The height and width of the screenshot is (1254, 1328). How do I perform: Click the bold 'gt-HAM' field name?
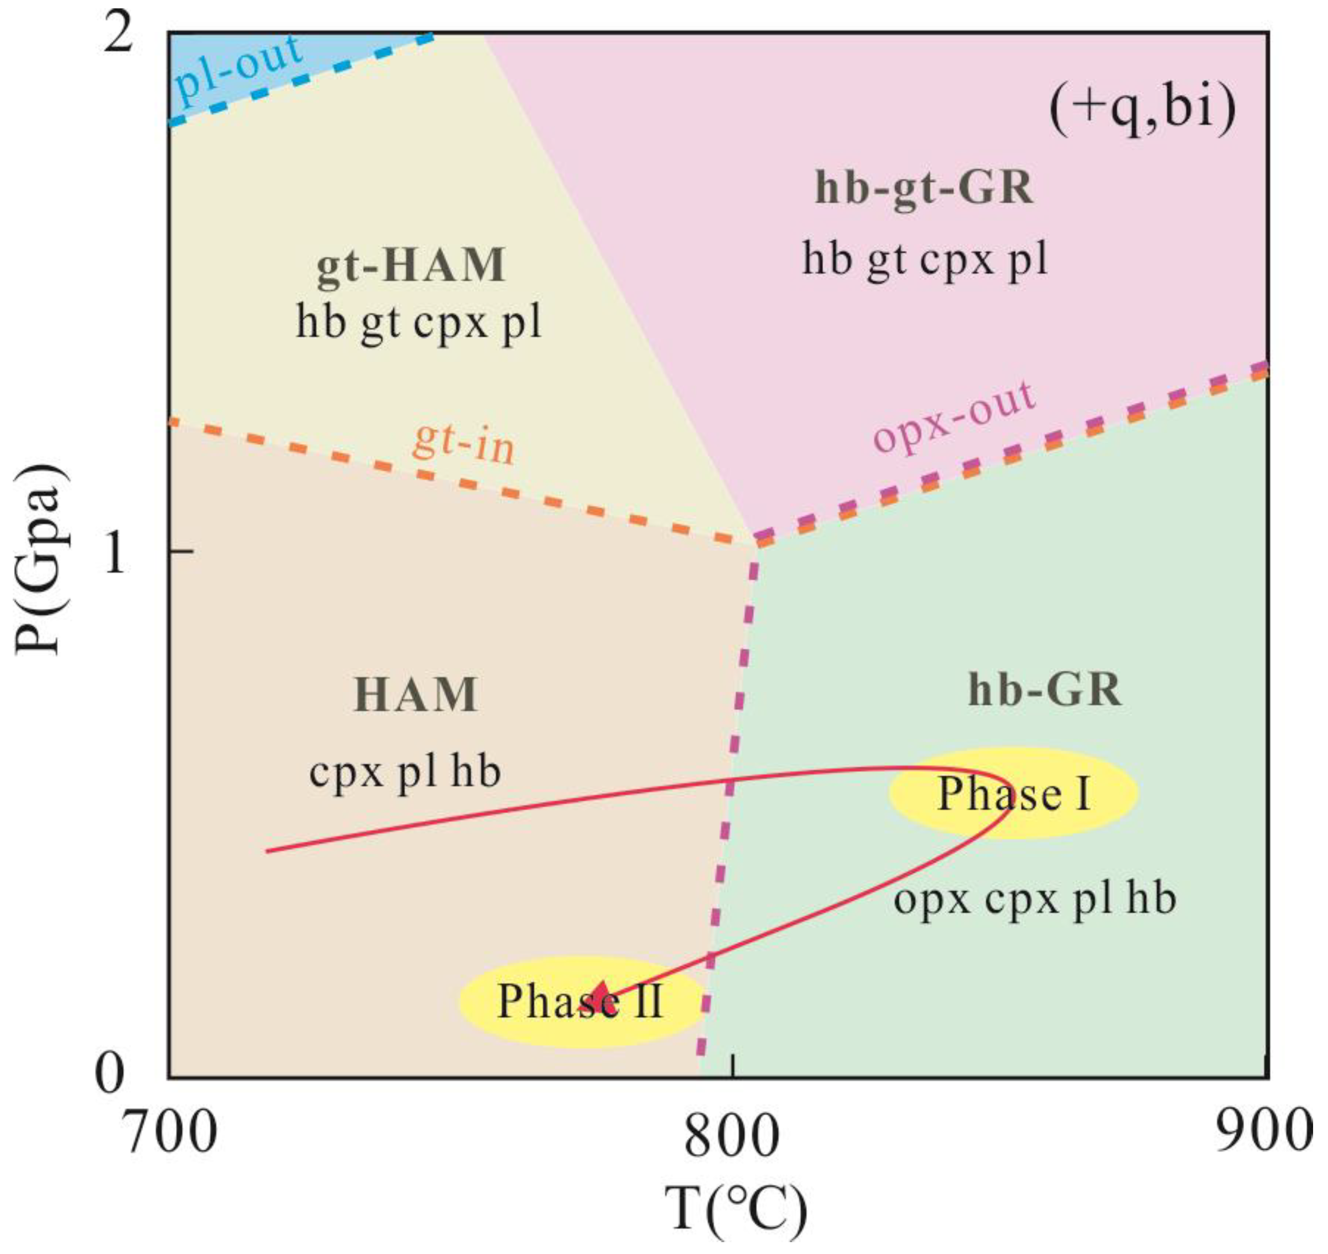(410, 266)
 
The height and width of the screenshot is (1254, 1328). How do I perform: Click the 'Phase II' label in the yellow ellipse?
(580, 1002)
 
